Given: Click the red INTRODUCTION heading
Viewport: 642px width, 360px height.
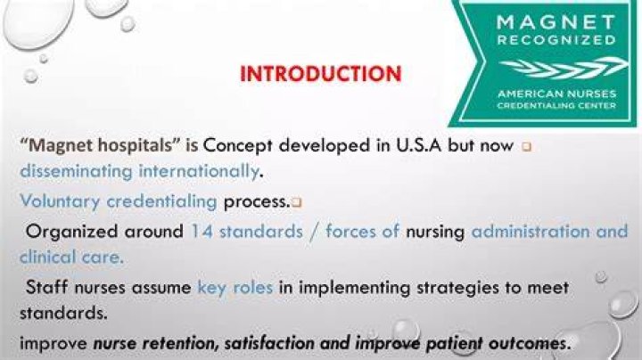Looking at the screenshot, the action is [321, 74].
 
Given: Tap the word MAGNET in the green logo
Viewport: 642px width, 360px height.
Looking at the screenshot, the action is [556, 22].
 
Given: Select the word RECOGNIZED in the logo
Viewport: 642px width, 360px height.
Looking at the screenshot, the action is [556, 40].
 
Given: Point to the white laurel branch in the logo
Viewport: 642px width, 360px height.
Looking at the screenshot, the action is [564, 68].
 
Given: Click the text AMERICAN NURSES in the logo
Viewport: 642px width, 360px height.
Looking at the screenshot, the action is [556, 94].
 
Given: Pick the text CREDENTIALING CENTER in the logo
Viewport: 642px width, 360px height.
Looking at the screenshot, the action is [556, 106].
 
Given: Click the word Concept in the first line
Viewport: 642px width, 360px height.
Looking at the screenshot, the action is [237, 146].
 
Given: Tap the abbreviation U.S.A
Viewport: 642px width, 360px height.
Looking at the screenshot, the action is [419, 145].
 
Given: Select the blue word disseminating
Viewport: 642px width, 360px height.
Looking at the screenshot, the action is [77, 171].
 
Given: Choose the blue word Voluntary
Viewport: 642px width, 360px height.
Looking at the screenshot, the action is [61, 201].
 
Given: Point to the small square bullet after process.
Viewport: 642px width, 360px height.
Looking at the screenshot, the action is [297, 202].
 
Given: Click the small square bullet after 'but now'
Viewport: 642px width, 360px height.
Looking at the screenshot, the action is [527, 146].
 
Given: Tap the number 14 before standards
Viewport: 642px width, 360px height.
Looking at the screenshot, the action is [202, 232].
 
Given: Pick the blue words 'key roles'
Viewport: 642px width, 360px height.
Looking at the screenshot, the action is [235, 288].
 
